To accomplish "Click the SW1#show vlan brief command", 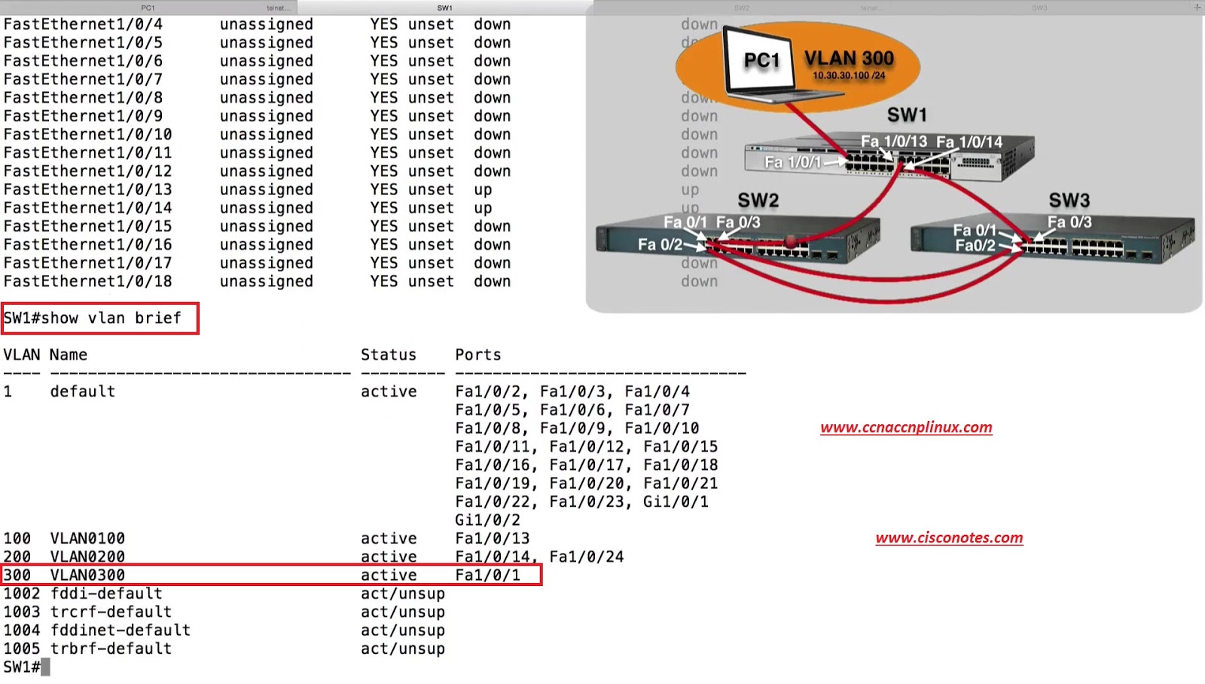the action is (93, 318).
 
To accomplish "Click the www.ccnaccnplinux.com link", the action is (906, 427).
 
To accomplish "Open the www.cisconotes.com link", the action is (949, 538).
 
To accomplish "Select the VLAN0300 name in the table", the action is (87, 576).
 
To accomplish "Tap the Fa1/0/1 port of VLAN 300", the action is (487, 576).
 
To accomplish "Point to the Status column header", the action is (388, 355).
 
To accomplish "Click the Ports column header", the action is (477, 355).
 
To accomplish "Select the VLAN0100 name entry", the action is (87, 539).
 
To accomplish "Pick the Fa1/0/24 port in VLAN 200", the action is (586, 557).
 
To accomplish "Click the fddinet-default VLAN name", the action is (120, 631).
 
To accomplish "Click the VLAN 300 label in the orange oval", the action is (849, 58).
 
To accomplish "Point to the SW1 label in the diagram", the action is (906, 115).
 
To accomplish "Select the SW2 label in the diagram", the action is (758, 200).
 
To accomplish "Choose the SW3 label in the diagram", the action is (1069, 200).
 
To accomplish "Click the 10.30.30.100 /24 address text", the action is (849, 75).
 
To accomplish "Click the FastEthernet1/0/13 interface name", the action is (87, 190).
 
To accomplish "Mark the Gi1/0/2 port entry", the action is (487, 520).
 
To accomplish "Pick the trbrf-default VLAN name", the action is (111, 649).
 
